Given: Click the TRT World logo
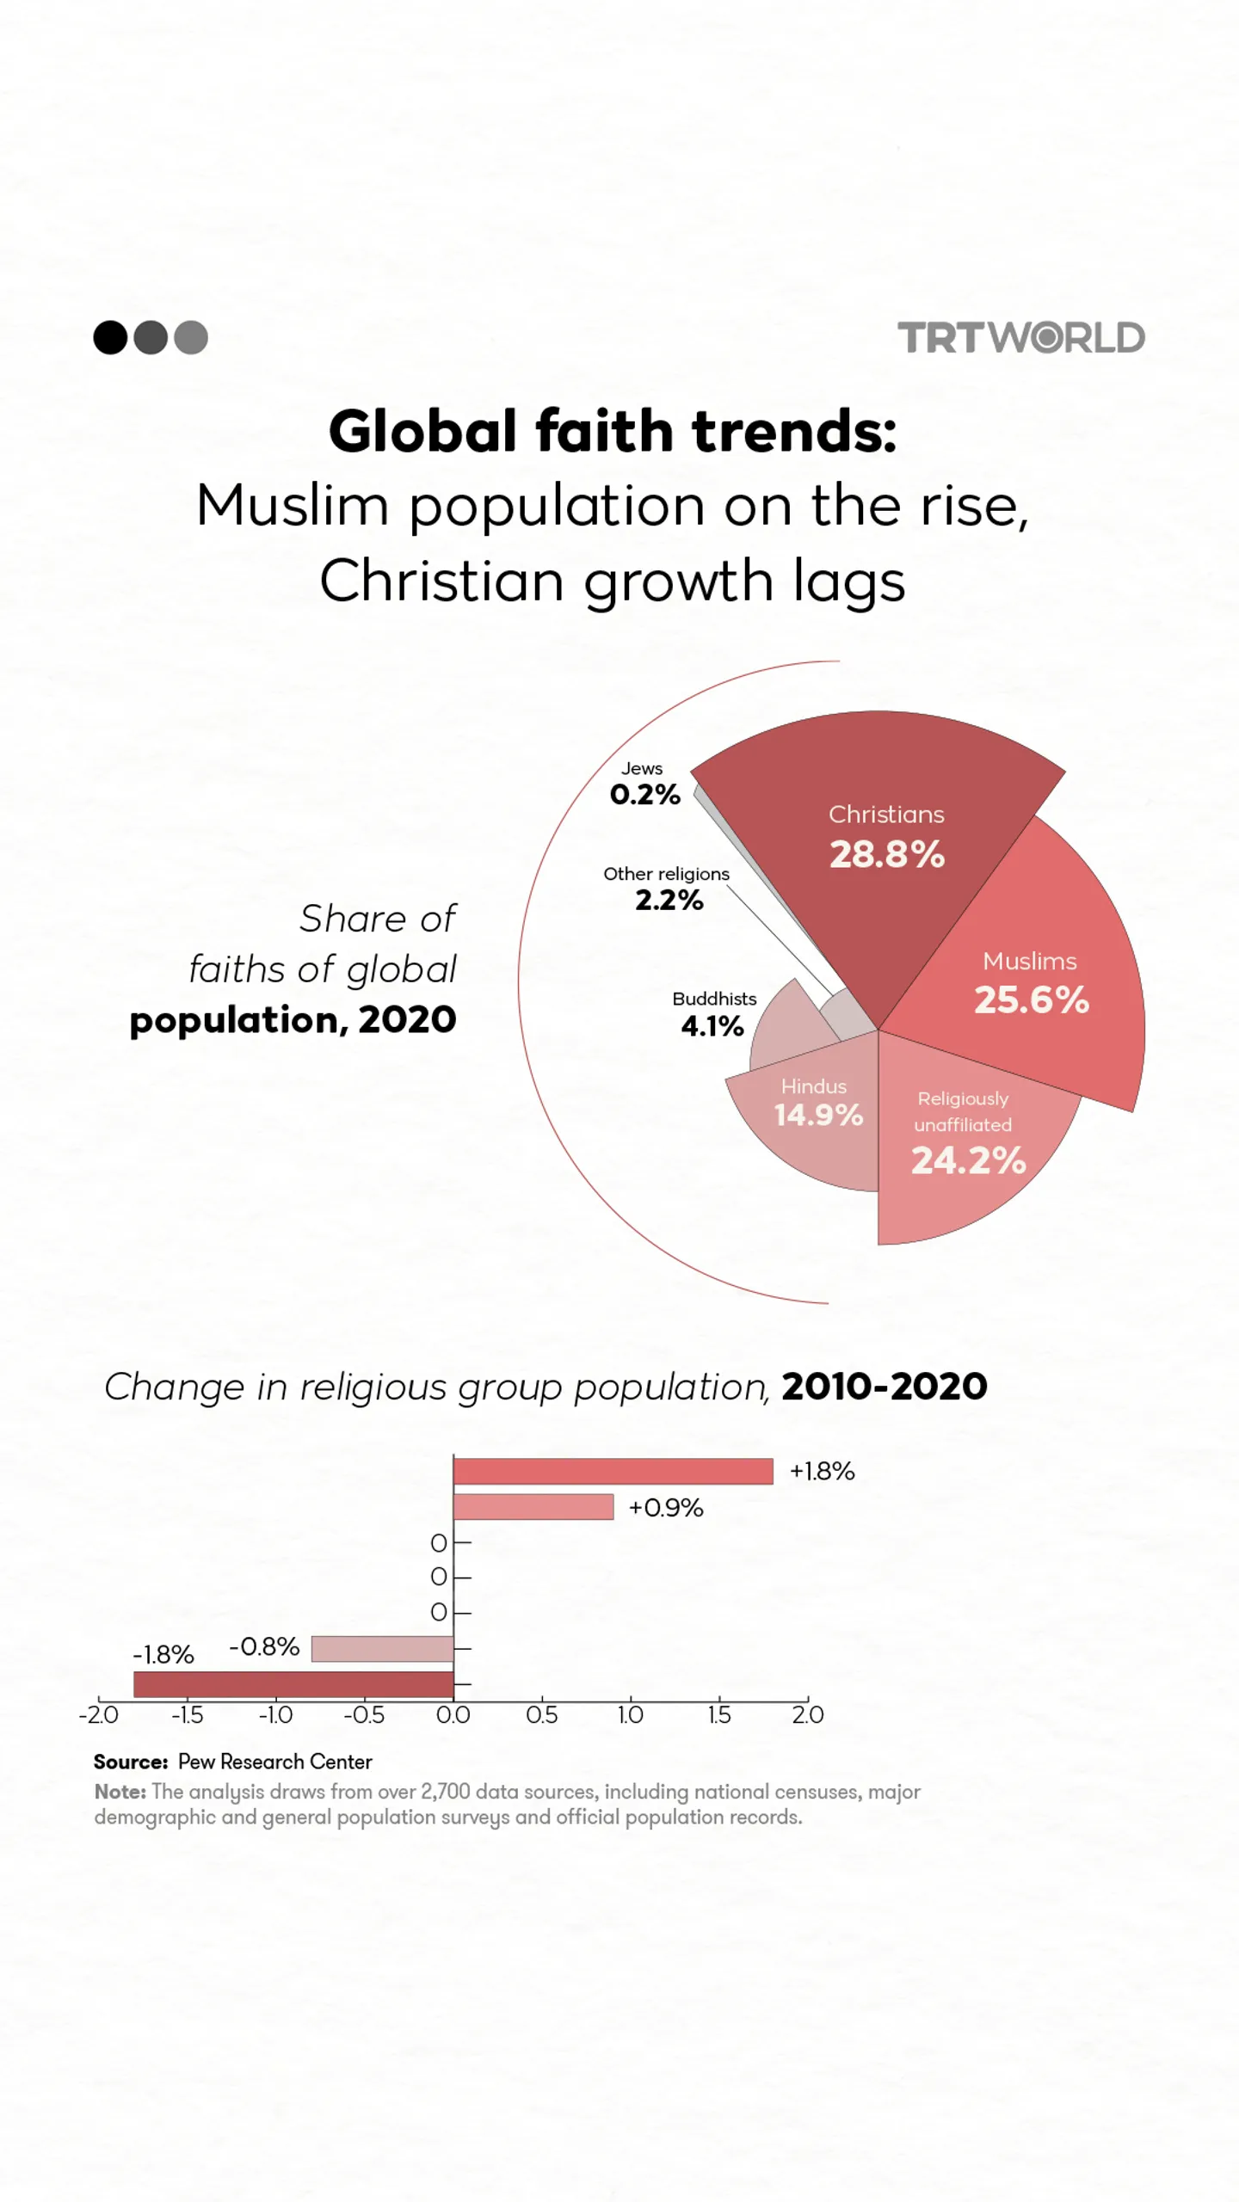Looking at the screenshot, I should coord(1020,337).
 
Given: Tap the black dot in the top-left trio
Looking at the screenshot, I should coord(110,337).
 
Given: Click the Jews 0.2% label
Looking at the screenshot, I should coord(644,784).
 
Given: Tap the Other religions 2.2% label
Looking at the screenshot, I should coord(667,889).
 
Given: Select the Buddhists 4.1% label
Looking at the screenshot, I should coord(713,1014).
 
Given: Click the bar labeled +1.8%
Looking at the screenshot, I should coord(613,1471).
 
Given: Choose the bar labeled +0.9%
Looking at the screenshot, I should coord(533,1507).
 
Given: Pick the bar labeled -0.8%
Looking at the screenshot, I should coord(382,1649).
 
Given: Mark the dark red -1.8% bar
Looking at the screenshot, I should coord(293,1684).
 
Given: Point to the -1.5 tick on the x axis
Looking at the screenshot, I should coord(188,1715).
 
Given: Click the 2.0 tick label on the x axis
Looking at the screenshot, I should coord(807,1715).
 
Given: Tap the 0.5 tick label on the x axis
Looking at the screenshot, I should coord(541,1715).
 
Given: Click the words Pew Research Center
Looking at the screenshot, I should coord(274,1762).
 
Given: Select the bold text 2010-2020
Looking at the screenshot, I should coord(884,1387).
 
